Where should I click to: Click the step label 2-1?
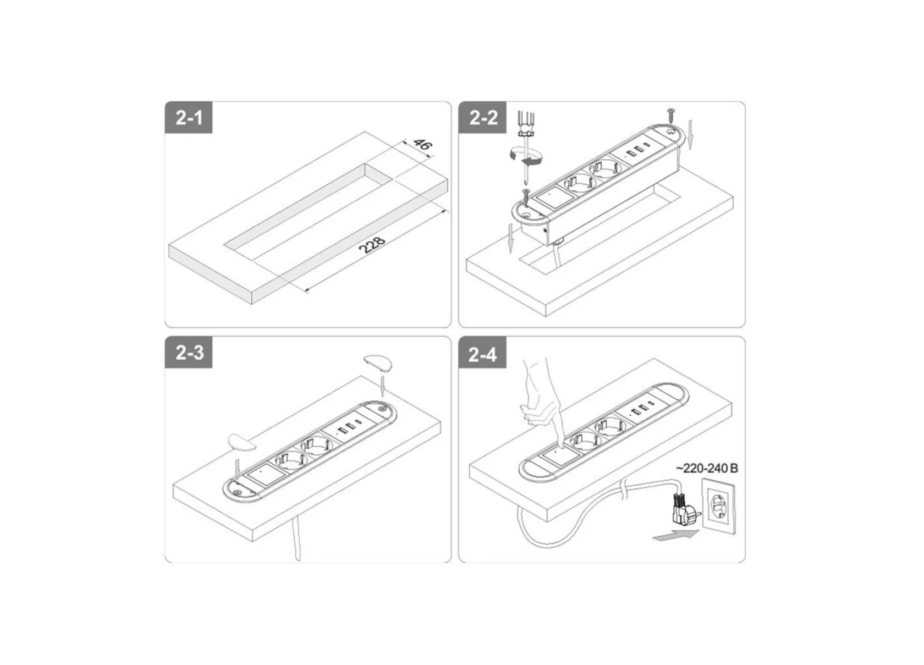point(189,118)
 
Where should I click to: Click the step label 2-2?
point(483,118)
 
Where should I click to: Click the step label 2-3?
point(189,353)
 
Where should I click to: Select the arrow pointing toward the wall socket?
point(675,535)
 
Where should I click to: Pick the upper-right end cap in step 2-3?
point(377,364)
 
